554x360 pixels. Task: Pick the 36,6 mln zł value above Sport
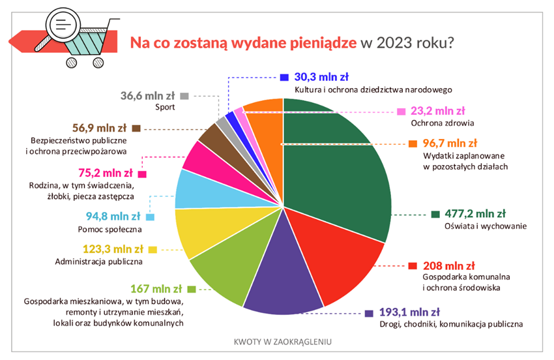[x=148, y=95]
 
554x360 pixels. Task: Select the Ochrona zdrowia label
[x=436, y=123]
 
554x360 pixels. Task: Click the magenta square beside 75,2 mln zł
[x=142, y=174]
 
